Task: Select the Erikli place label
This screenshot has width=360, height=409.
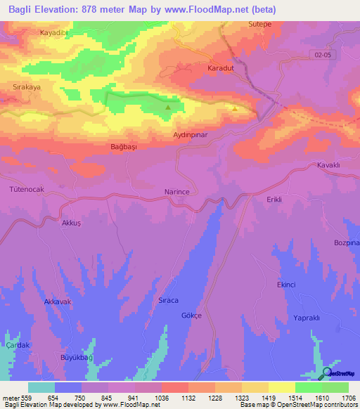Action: [x=274, y=200]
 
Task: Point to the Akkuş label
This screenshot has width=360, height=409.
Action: [x=72, y=221]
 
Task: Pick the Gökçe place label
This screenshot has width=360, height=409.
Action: [x=191, y=316]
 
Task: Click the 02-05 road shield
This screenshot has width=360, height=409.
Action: [x=321, y=54]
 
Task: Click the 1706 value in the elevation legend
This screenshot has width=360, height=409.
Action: [x=348, y=397]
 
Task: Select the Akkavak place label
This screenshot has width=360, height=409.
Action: [x=58, y=301]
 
